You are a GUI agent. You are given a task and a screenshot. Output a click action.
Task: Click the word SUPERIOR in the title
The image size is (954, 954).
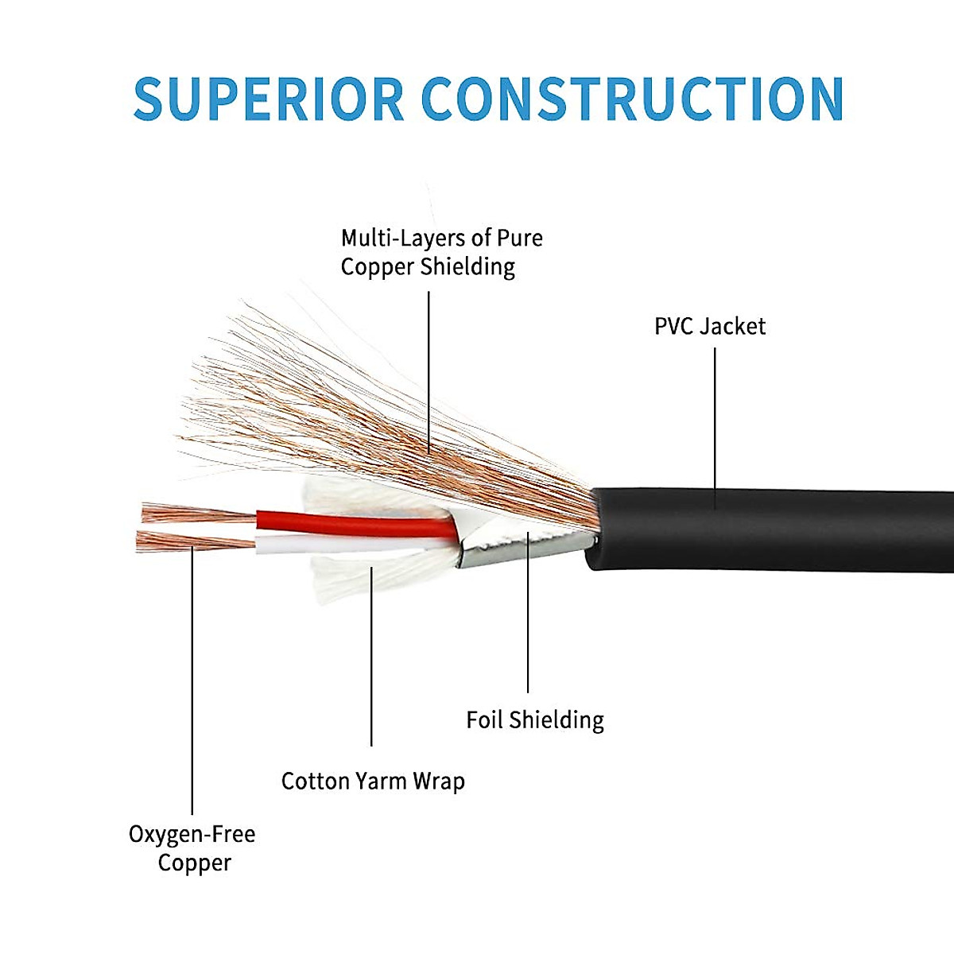(x=269, y=99)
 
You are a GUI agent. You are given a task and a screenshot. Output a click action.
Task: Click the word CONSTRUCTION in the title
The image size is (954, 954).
(x=632, y=99)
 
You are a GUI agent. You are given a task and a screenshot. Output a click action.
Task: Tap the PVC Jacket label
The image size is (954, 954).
(x=709, y=326)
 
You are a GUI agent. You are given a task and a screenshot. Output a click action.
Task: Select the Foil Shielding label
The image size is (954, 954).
(x=535, y=719)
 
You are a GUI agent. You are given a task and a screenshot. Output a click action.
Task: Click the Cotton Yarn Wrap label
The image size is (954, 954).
(x=373, y=781)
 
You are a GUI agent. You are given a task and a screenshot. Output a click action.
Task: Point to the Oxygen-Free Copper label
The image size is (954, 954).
(x=192, y=847)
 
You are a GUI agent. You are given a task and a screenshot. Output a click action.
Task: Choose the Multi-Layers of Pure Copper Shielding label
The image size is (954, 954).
(x=441, y=252)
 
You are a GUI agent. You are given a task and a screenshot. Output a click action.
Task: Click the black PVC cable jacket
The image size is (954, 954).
(x=771, y=529)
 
